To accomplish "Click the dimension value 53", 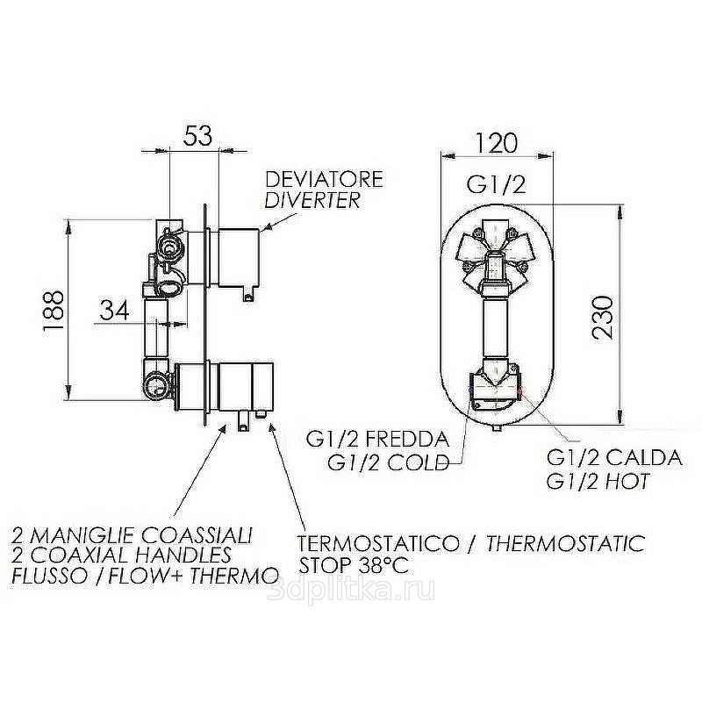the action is click(198, 135).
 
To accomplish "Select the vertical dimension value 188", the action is click(54, 311).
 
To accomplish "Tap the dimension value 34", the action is click(114, 310).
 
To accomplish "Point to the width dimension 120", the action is click(496, 143).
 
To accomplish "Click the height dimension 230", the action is click(601, 317).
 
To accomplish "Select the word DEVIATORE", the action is click(324, 179).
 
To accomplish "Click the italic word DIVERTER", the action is click(312, 200).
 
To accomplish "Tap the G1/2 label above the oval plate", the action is click(496, 184).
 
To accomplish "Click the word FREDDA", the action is click(407, 440).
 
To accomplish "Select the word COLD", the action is click(418, 462).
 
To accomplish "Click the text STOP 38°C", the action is click(354, 565).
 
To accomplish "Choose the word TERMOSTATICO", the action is click(379, 543).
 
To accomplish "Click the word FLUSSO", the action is click(50, 576).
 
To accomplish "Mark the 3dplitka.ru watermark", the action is click(350, 591).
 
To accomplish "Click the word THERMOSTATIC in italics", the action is click(565, 543).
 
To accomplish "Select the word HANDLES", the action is click(183, 555).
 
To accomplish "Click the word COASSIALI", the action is click(197, 535).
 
